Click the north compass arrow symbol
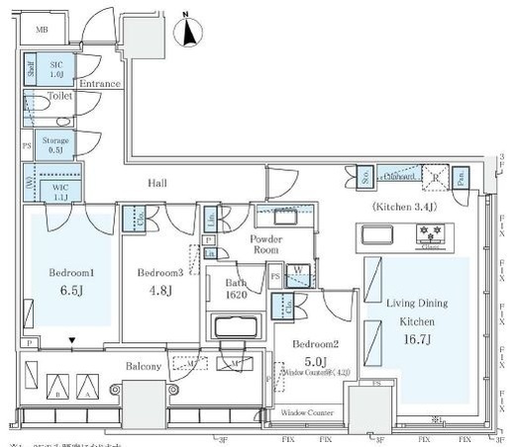coord(186,33)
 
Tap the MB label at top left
coord(42,31)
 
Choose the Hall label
coord(156,184)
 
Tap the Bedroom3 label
coord(159,272)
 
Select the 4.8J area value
coord(159,291)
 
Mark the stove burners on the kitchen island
coord(432,234)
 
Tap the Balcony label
coord(143,366)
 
